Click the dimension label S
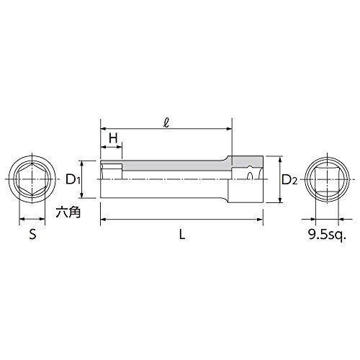coord(32,234)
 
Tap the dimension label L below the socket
coord(182,234)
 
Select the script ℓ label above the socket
coord(166,123)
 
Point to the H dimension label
coord(113,138)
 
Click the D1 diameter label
coord(73,179)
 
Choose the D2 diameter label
coord(289,180)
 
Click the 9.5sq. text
coord(327,235)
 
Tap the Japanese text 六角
coord(68,212)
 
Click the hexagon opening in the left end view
coord(32,179)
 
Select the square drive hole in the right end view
coord(326,179)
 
